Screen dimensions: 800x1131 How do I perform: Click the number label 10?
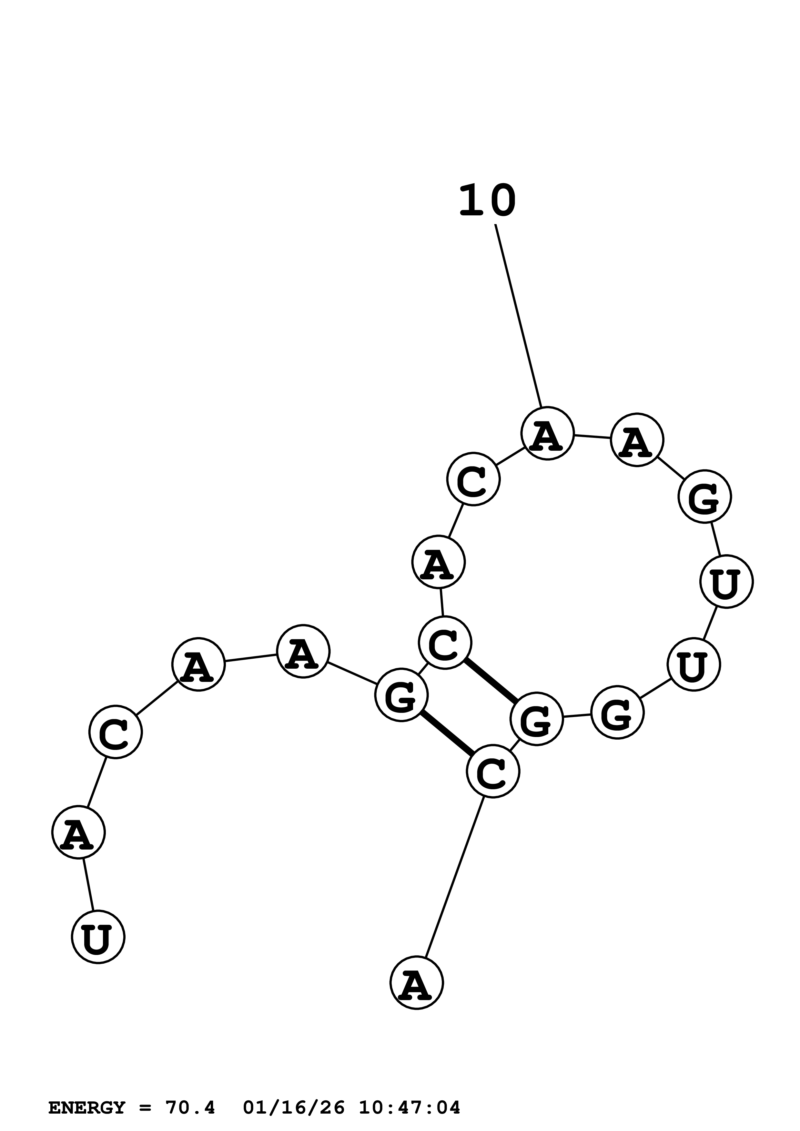(x=487, y=201)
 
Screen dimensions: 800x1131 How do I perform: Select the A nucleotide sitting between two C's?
(x=439, y=562)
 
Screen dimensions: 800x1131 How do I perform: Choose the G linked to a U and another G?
(x=617, y=712)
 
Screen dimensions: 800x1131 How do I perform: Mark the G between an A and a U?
(x=704, y=497)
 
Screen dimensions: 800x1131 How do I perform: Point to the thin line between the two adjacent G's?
(x=577, y=716)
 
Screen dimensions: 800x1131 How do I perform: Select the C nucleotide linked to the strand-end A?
(x=493, y=771)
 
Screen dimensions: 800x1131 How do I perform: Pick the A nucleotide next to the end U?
(x=79, y=832)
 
